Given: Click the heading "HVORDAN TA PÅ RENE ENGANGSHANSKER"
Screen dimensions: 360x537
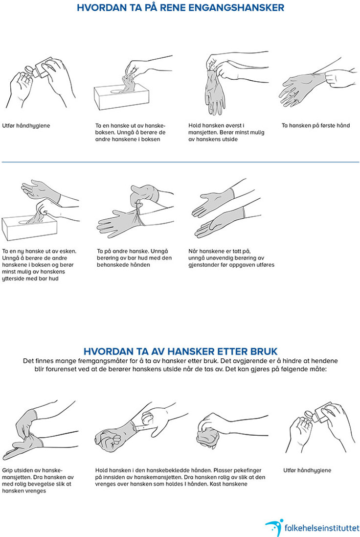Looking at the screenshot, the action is (x=180, y=7).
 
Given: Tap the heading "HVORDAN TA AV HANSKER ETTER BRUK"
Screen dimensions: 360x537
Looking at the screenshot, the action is (x=180, y=351).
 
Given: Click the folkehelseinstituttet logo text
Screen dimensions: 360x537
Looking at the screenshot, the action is (x=322, y=528).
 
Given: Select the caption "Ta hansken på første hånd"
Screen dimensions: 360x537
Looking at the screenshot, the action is (x=315, y=125).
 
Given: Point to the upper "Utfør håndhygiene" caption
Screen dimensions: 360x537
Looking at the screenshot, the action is (x=26, y=126).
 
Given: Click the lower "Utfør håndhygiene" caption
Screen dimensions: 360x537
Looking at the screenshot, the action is (x=307, y=470).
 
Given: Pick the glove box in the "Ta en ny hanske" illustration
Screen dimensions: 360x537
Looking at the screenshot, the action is (x=29, y=227).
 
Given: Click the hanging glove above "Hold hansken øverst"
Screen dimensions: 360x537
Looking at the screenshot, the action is (x=215, y=91).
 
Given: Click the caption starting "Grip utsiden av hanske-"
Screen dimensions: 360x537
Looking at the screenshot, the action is (x=38, y=481).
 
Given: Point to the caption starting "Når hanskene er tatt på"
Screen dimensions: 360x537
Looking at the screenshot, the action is (x=231, y=258).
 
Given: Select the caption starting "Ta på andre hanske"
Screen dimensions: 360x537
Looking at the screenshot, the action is (x=134, y=258).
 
